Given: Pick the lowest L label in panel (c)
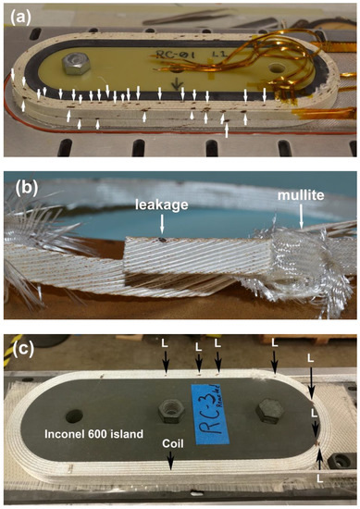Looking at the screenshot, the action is (320, 478).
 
